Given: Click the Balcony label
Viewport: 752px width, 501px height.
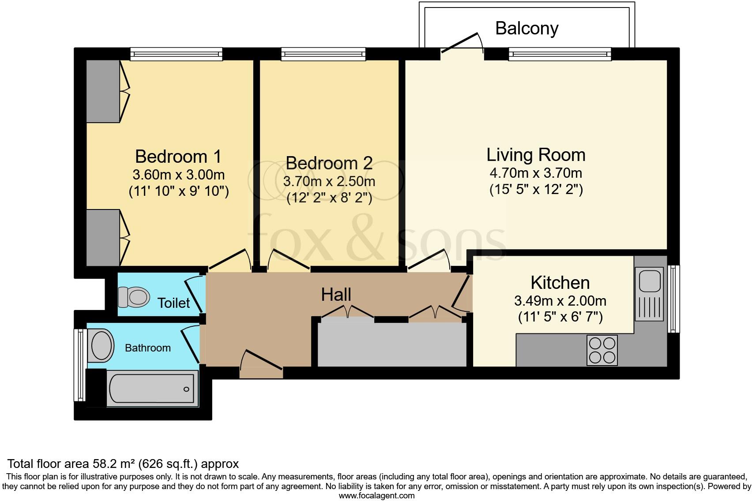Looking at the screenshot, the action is coord(527,29).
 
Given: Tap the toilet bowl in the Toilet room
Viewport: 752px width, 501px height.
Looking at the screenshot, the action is coord(134,297).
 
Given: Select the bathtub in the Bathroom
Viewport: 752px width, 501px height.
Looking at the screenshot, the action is coord(153,389).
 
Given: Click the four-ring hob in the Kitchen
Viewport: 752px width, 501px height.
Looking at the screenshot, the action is coord(602,350).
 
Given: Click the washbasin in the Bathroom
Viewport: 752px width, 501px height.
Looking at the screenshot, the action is coord(101,345).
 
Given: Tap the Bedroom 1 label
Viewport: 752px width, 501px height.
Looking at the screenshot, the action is coord(178,157).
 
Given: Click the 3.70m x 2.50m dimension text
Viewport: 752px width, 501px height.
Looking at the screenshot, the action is coord(329,182).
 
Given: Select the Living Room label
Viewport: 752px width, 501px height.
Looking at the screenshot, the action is coord(536,155).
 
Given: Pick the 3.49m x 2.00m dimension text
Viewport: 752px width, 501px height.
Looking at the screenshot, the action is coord(560,301).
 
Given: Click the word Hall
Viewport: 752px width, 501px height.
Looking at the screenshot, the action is coord(336,295).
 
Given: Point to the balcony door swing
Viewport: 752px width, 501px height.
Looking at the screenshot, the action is coord(462,43).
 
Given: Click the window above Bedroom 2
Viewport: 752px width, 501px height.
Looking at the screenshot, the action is coord(323,54).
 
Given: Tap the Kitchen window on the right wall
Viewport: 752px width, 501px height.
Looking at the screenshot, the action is coord(673,299).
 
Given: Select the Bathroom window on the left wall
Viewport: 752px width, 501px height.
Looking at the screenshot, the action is coord(80,365).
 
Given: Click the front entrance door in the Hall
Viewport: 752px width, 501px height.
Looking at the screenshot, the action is coord(262,364).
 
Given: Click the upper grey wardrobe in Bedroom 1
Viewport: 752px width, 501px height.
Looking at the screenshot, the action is coord(103,91).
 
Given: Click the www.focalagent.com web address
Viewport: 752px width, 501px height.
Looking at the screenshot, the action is coord(377,496).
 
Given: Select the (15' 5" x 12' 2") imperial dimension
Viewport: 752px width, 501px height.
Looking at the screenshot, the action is coord(536,190).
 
